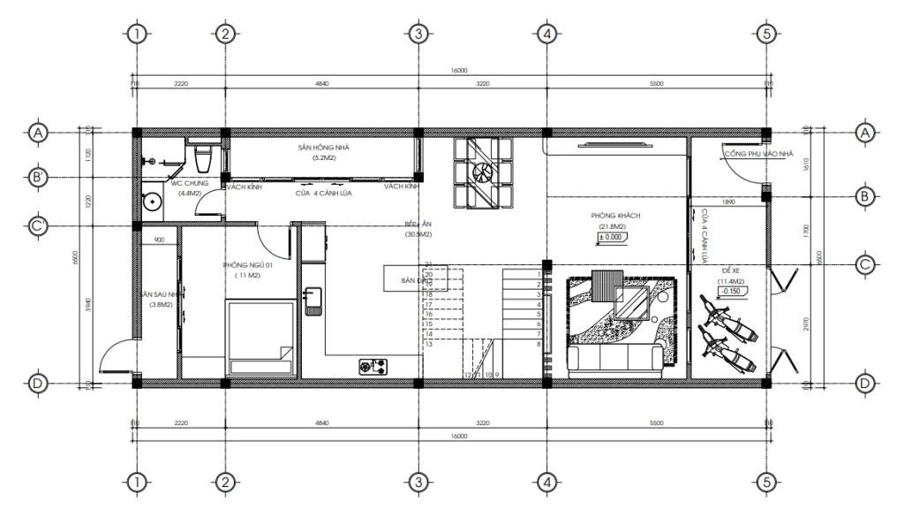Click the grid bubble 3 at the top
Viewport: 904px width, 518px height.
(x=418, y=34)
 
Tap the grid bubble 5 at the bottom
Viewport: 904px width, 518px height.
(x=766, y=483)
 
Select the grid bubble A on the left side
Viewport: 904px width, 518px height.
(x=38, y=133)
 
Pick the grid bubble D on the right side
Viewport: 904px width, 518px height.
(x=864, y=383)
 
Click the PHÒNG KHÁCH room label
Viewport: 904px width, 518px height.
(x=615, y=216)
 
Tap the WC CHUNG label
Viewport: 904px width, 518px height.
(x=190, y=184)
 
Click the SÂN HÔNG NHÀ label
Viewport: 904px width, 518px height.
(x=323, y=149)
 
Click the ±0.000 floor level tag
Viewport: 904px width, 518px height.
(x=611, y=238)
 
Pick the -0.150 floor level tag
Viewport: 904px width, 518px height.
(x=730, y=291)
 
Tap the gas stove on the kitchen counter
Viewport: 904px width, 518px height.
(x=375, y=365)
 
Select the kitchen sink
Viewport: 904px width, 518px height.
(x=313, y=300)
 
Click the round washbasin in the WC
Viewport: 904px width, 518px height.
(x=154, y=202)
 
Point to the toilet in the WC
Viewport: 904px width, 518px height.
(x=202, y=157)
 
